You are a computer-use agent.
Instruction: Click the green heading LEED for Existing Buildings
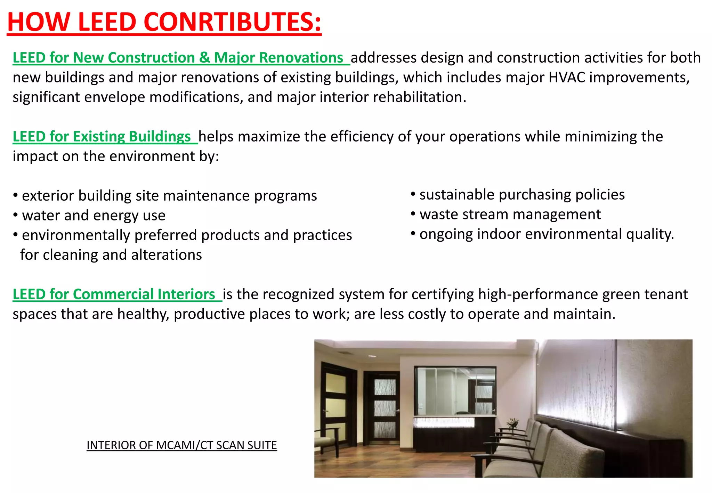click(102, 137)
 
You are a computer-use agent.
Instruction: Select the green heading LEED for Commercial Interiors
click(114, 294)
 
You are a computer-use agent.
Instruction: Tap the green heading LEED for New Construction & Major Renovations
click(178, 58)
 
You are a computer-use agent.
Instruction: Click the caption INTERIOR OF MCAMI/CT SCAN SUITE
click(181, 445)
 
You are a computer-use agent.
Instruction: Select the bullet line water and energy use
click(94, 216)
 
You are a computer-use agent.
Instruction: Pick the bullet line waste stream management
click(510, 215)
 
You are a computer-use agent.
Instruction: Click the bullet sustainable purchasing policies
click(521, 195)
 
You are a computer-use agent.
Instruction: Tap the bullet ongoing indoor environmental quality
click(546, 234)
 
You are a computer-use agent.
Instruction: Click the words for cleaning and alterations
click(111, 255)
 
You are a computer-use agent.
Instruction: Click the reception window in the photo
click(455, 391)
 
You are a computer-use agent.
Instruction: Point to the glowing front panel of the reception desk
click(444, 423)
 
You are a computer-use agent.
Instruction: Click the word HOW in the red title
click(38, 22)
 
